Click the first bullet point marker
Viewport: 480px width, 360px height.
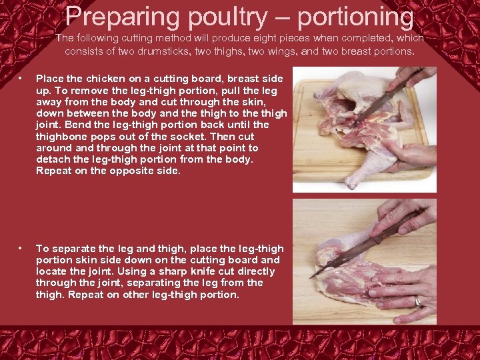21,79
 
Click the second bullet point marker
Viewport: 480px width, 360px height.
21,248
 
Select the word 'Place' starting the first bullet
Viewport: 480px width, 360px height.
48,79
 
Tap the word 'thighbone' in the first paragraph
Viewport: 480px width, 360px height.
59,136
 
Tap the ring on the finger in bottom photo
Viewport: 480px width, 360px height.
418,301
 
